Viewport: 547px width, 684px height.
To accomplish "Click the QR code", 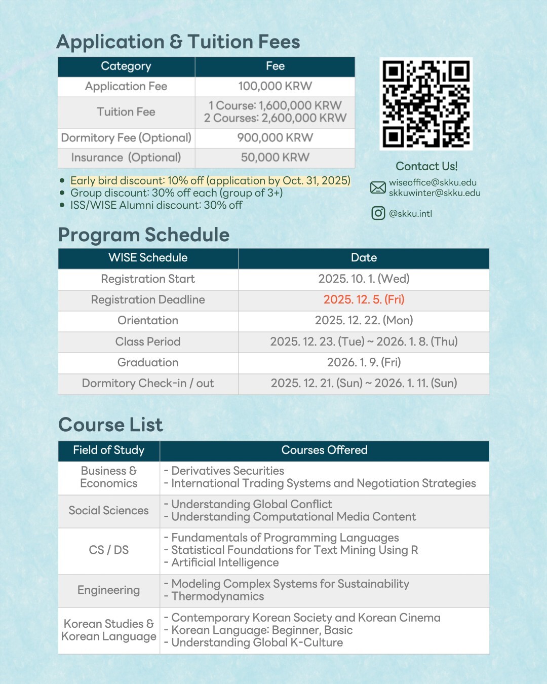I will [426, 104].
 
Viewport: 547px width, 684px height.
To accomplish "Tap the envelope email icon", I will [378, 187].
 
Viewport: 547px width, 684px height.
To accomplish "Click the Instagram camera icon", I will [378, 213].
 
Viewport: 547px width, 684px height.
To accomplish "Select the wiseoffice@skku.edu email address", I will [433, 182].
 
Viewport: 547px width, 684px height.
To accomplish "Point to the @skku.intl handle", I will [410, 213].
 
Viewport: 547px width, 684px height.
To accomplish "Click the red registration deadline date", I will [364, 299].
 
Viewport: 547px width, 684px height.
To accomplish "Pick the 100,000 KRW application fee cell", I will [275, 86].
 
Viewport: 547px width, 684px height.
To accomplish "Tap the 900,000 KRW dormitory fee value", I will [275, 138].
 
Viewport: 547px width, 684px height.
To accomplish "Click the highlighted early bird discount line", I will [210, 180].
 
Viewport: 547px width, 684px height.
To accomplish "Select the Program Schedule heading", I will [144, 235].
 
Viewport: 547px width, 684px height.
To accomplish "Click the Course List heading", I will [110, 425].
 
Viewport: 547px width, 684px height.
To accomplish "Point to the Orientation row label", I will [148, 320].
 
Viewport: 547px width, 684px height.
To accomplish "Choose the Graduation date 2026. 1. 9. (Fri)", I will [364, 362].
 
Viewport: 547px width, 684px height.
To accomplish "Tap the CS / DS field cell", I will [108, 550].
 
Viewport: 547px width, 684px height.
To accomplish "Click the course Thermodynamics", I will [218, 596].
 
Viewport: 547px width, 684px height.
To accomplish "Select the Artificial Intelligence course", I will [225, 562].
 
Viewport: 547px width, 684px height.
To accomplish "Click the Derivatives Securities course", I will [227, 471].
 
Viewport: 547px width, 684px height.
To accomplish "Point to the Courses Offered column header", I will [324, 450].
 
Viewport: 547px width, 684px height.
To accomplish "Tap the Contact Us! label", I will [426, 166].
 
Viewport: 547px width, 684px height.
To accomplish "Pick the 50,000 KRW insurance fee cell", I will [275, 158].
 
